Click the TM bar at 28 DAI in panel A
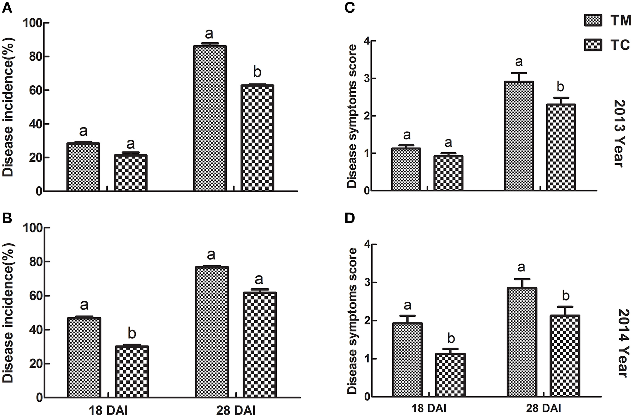pos(210,118)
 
